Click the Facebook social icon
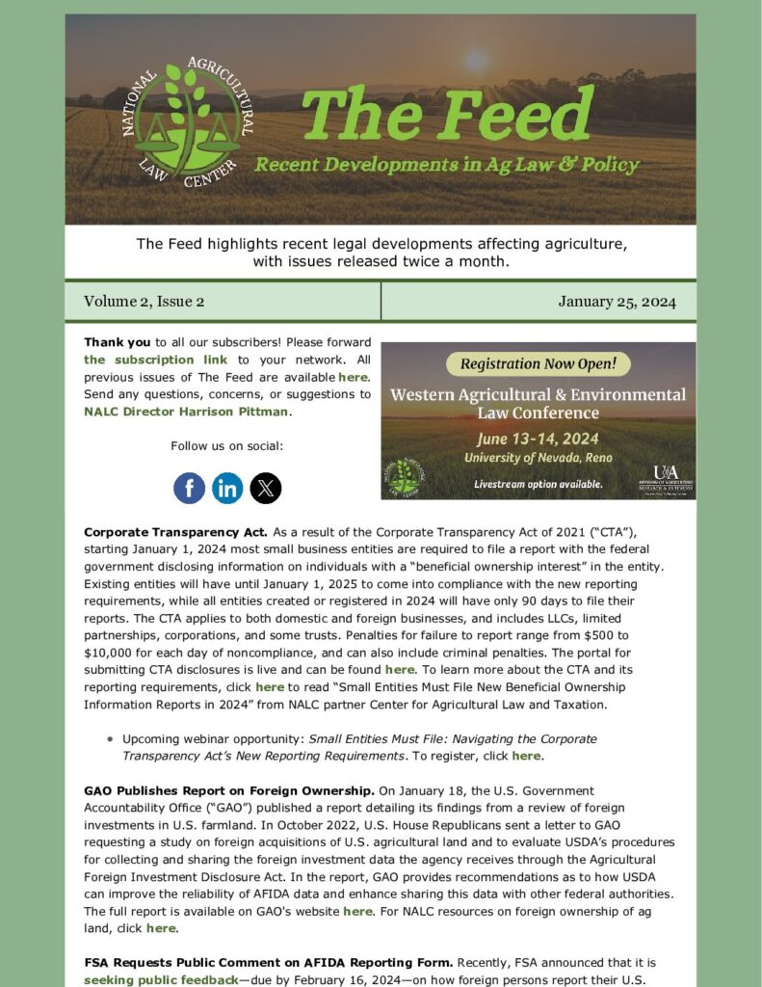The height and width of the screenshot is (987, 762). click(x=189, y=488)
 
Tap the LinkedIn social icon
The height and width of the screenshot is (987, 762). click(x=227, y=488)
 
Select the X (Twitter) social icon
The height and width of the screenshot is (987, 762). click(x=266, y=488)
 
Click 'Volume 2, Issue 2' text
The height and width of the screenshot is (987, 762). click(x=144, y=302)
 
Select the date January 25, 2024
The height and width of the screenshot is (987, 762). click(x=617, y=302)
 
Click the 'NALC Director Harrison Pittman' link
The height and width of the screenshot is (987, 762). click(x=186, y=412)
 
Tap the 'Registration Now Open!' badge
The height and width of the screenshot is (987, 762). click(x=538, y=363)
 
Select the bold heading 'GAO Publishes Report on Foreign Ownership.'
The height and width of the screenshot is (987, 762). click(x=229, y=790)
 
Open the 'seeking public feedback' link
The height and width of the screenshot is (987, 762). click(x=160, y=980)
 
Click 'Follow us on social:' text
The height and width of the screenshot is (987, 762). click(x=227, y=445)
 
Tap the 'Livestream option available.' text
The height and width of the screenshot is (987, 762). click(x=539, y=484)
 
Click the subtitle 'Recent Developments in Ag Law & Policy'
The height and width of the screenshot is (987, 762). click(x=446, y=165)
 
